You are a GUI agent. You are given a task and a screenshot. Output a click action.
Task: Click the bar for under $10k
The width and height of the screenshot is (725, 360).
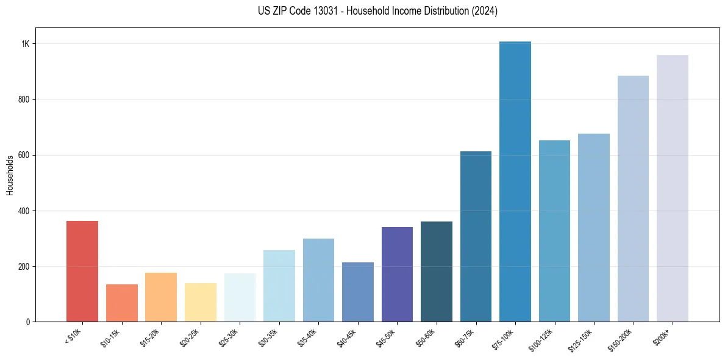tap(82, 271)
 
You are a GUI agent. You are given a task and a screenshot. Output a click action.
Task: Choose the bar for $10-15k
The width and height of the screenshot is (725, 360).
tap(122, 303)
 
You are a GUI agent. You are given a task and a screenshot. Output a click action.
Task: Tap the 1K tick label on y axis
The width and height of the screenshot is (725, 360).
tap(26, 44)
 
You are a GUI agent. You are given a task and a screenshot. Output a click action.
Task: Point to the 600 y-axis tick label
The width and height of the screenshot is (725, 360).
tap(24, 155)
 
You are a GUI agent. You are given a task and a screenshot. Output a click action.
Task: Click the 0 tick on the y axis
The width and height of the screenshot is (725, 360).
tap(27, 322)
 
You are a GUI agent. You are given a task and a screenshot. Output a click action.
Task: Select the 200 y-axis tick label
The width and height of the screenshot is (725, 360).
tap(24, 266)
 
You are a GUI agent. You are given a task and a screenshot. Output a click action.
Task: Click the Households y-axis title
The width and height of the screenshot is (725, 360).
tap(10, 175)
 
